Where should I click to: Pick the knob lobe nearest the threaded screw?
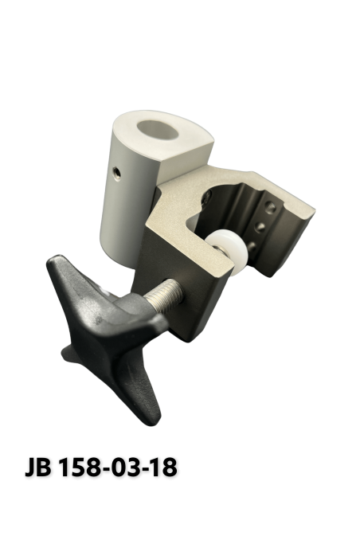151,319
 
